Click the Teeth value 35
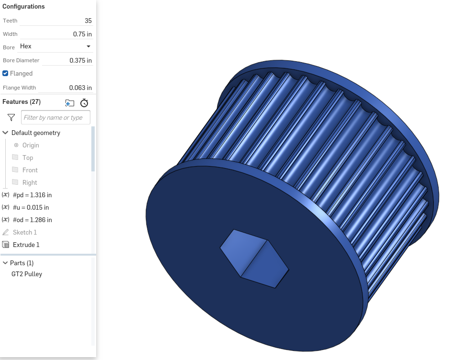[88, 21]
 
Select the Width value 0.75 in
[82, 34]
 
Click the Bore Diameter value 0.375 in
[80, 60]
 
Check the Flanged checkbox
[5, 73]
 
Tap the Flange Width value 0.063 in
[80, 88]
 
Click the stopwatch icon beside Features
[84, 102]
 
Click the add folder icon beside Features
[70, 102]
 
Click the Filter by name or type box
[55, 117]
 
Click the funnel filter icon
[11, 117]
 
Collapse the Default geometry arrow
[5, 133]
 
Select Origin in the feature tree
[31, 145]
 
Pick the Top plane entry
[28, 157]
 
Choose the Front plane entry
[30, 170]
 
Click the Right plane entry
[30, 182]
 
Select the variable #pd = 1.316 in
[32, 195]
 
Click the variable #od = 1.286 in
[32, 220]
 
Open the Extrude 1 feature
[26, 245]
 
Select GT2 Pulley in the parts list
[27, 274]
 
